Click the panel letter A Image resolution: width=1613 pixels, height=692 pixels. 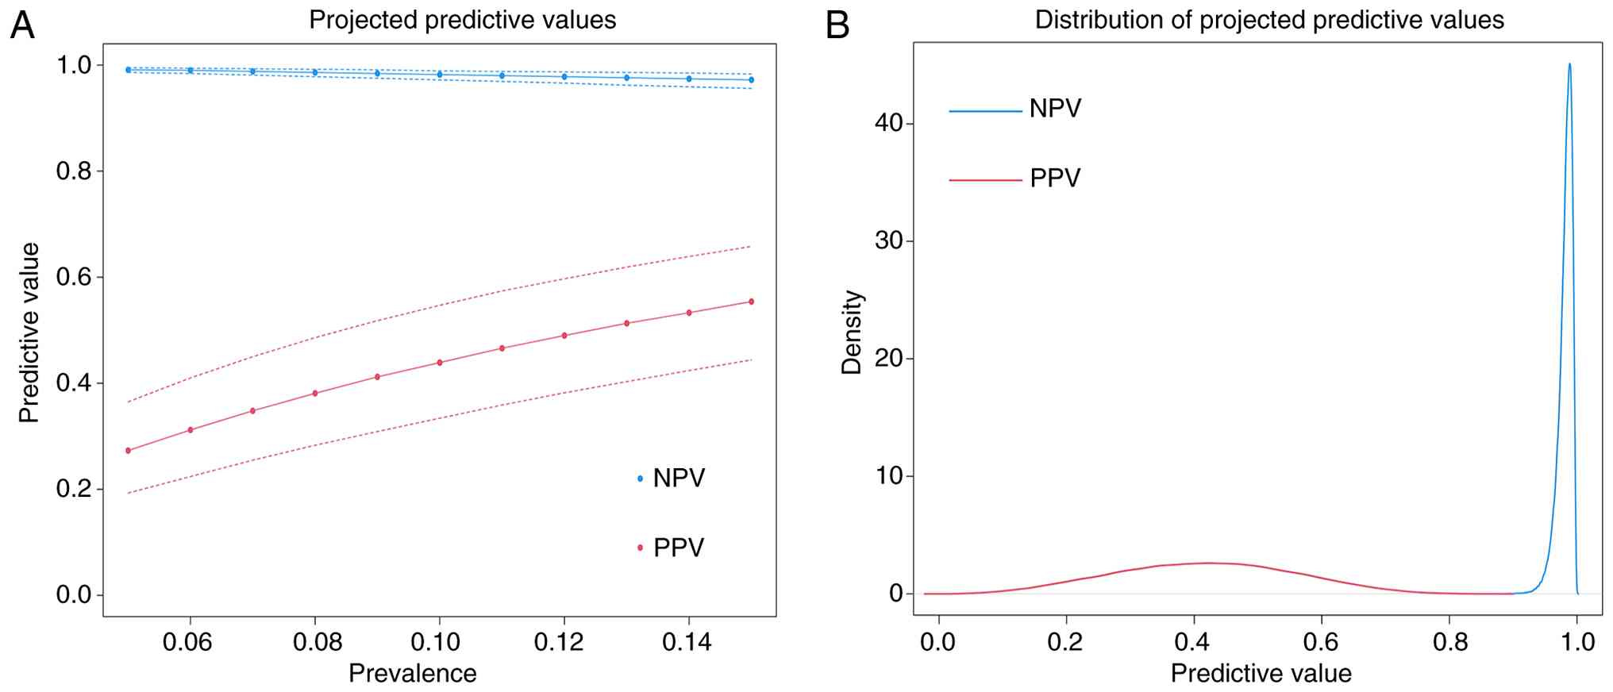coord(22,25)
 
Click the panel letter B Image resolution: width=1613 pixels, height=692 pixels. coord(837,25)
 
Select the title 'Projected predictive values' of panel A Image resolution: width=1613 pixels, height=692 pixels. coord(462,20)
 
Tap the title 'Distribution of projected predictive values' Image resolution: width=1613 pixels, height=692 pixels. coord(1268,20)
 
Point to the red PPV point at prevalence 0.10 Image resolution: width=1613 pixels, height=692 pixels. coord(440,363)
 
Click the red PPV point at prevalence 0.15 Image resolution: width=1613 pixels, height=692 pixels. coord(751,302)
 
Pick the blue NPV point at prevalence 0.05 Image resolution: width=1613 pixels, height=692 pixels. coord(129,70)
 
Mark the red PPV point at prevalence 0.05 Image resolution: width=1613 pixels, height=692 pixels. coord(129,451)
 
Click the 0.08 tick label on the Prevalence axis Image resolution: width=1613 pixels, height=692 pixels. coord(316,641)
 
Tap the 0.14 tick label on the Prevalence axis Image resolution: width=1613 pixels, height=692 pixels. coord(687,641)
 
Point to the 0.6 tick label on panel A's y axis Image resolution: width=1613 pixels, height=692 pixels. coord(74,277)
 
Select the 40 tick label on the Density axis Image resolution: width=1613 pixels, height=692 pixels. coord(889,123)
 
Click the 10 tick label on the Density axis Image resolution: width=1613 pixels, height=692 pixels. coord(889,476)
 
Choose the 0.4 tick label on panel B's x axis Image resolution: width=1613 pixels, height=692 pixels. coord(1194,641)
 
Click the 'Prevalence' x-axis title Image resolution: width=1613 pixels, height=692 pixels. coord(413,674)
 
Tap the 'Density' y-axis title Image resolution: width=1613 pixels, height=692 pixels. coord(852,332)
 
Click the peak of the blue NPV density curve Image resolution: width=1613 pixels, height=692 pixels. coord(1569,64)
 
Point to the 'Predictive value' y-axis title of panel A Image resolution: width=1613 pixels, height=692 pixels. coord(29,333)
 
